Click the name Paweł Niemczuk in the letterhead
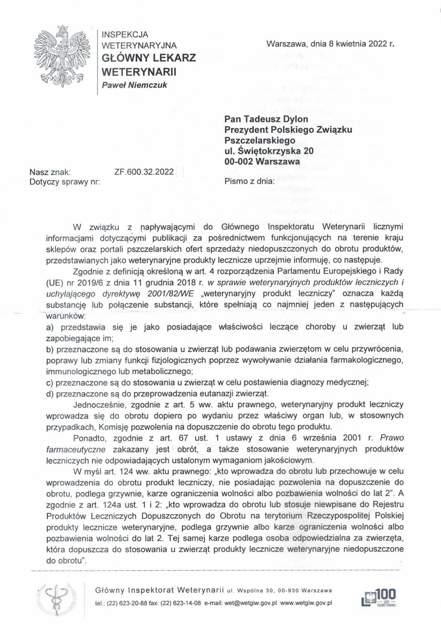pyautogui.click(x=134, y=85)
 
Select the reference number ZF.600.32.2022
pyautogui.click(x=144, y=172)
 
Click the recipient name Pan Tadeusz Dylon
pyautogui.click(x=266, y=119)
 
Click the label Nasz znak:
pyautogui.click(x=50, y=172)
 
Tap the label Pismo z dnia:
pyautogui.click(x=249, y=181)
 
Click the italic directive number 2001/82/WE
pyautogui.click(x=171, y=294)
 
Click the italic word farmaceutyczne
pyautogui.click(x=76, y=450)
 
